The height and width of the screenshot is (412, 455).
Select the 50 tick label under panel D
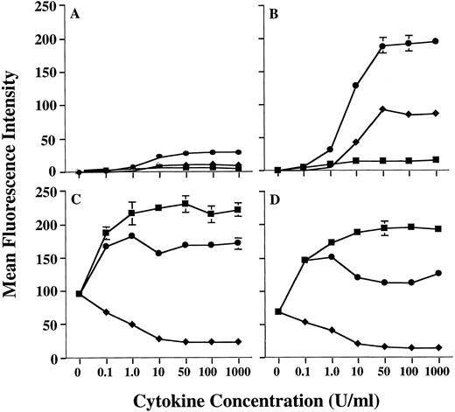coord(382,373)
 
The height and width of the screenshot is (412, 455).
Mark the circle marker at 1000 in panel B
coord(435,41)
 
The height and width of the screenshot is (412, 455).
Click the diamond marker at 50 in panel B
coord(382,109)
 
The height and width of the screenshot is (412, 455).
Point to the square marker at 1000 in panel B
coord(435,159)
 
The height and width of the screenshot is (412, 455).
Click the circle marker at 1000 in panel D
coord(435,273)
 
